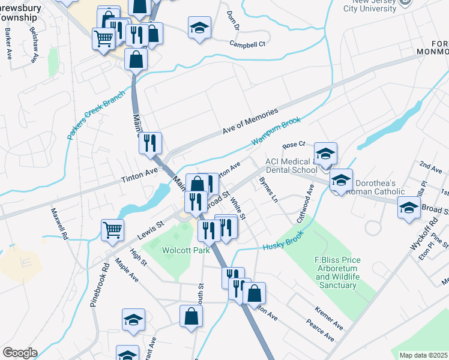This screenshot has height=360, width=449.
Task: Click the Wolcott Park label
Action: [185, 250]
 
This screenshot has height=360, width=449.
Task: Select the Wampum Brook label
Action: [276, 131]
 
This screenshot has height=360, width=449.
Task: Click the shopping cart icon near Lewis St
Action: [113, 229]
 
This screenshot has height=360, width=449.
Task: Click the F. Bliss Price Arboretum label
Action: [337, 272]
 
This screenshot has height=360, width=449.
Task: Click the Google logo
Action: [20, 353]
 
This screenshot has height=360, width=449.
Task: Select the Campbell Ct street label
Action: [247, 43]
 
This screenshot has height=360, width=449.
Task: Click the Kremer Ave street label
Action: [328, 317]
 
